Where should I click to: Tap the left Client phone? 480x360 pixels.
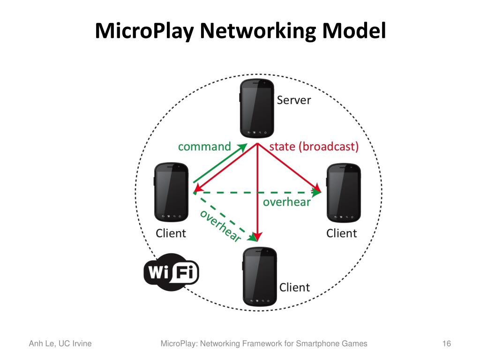(x=171, y=192)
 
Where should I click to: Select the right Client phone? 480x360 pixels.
(x=343, y=192)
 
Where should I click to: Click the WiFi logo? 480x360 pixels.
(x=171, y=271)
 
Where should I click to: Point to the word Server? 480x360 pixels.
(x=294, y=100)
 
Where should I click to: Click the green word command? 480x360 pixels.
(x=204, y=146)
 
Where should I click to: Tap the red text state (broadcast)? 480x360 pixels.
(x=314, y=146)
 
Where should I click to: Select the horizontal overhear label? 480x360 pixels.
(x=287, y=202)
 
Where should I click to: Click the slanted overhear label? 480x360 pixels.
(x=220, y=225)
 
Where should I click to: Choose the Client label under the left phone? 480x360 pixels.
(x=171, y=233)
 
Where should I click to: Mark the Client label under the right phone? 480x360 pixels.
(x=342, y=233)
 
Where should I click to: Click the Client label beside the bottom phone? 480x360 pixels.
(x=295, y=287)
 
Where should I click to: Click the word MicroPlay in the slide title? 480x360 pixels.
(x=145, y=31)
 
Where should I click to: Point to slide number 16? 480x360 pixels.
(x=446, y=344)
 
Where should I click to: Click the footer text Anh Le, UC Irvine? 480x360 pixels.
(x=60, y=344)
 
